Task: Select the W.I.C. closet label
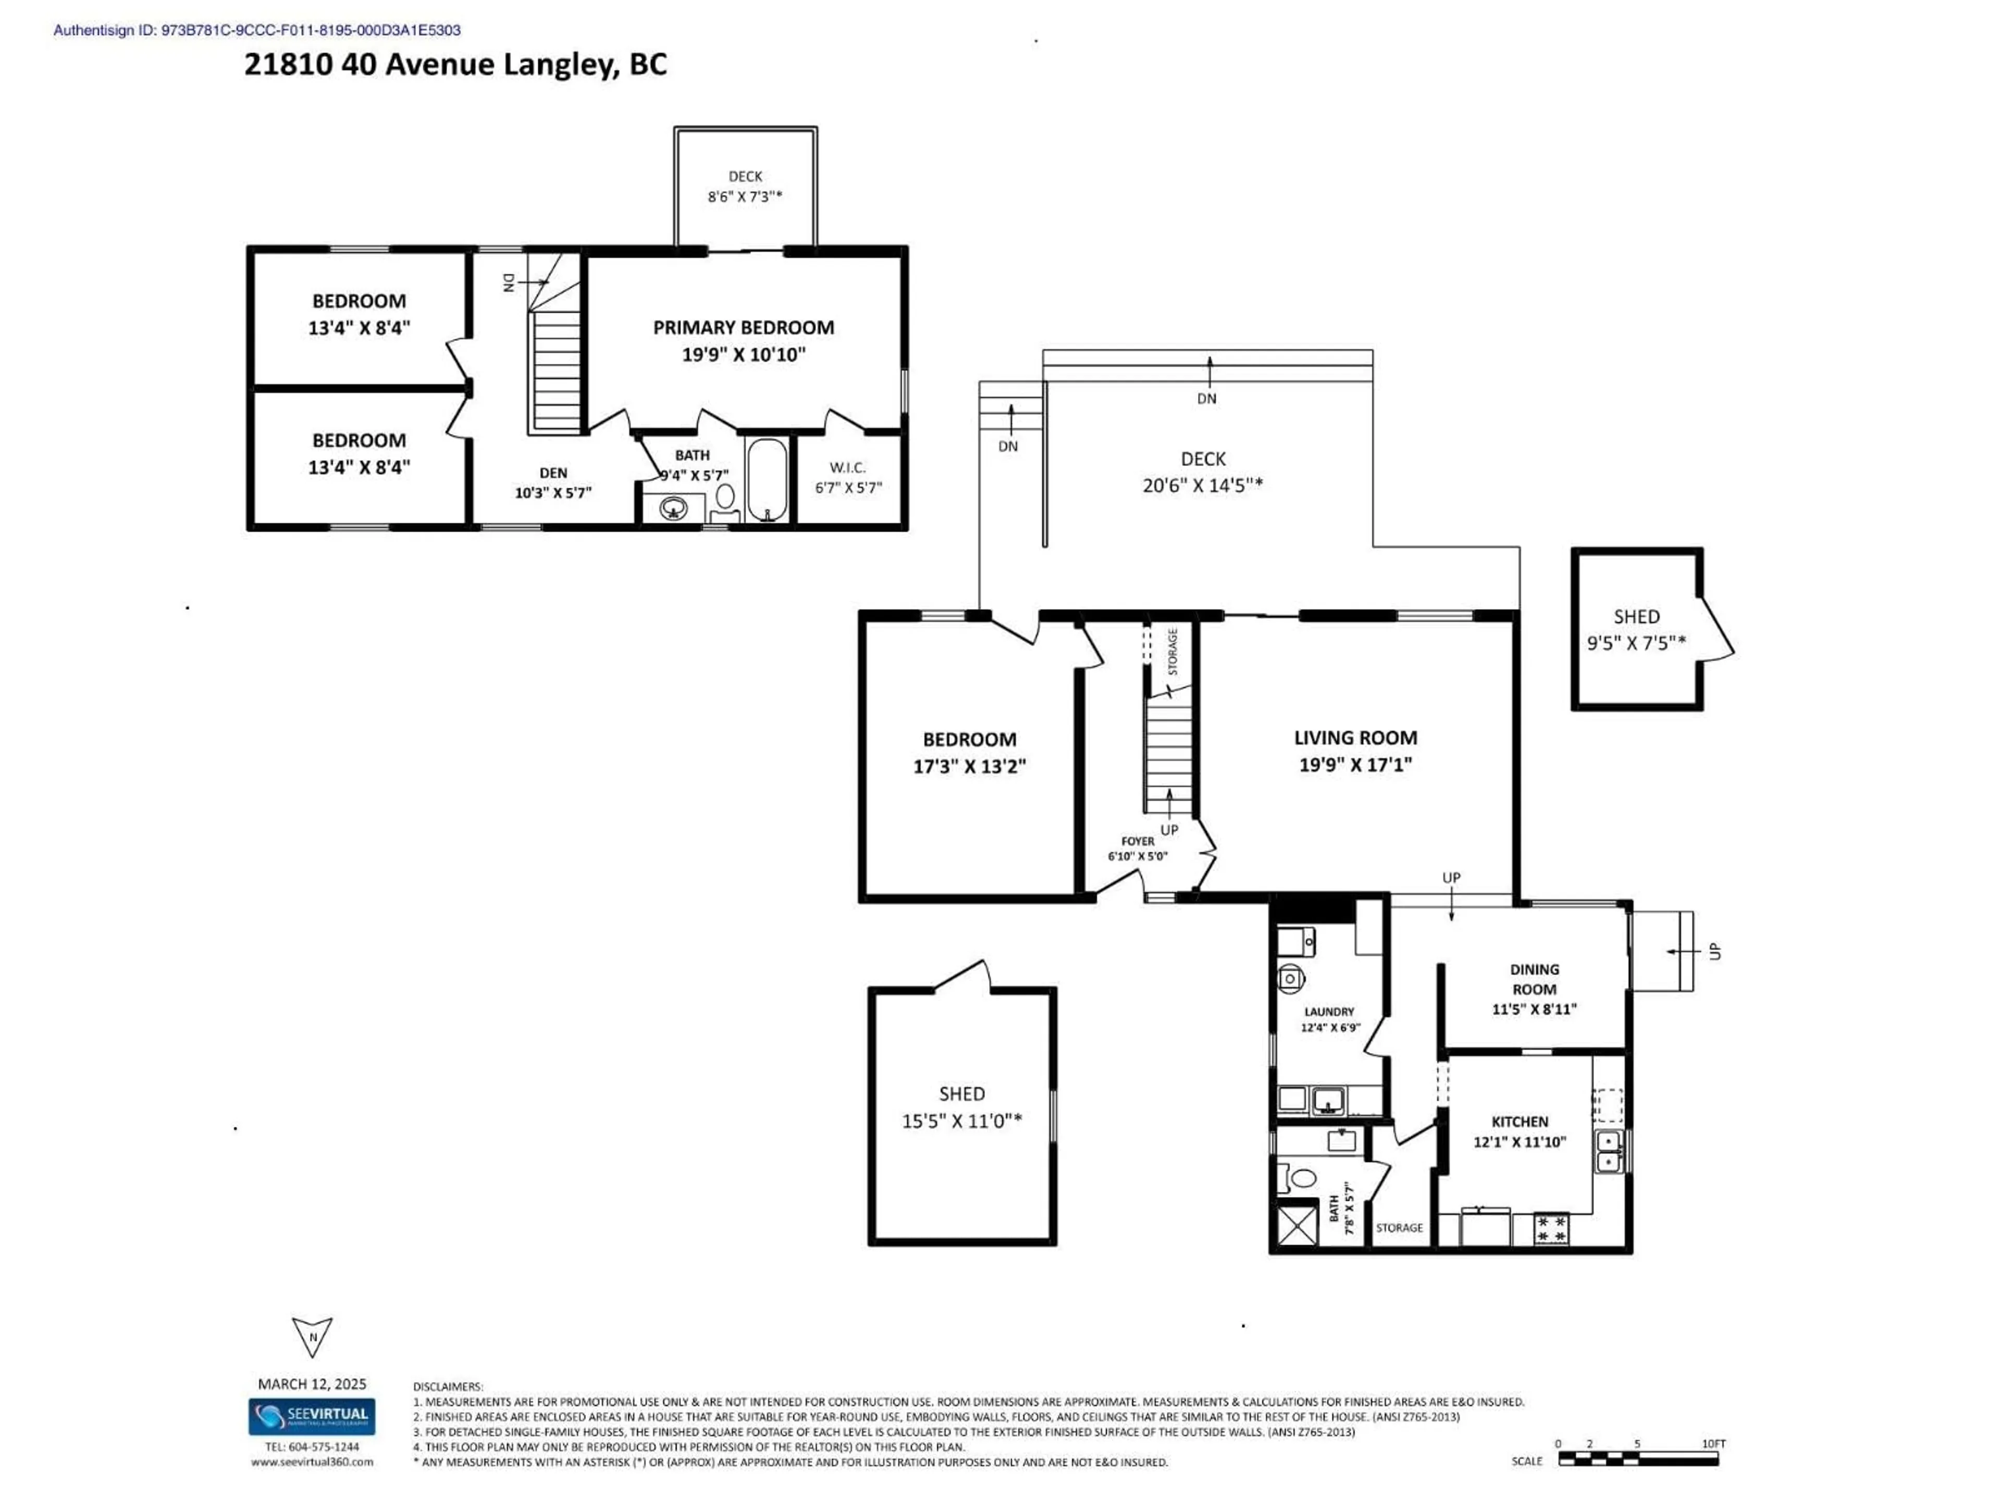click(x=848, y=468)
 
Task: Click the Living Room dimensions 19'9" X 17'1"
click(x=1355, y=765)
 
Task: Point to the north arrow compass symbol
click(x=312, y=1336)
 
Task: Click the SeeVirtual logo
click(x=312, y=1416)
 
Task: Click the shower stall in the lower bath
click(x=1296, y=1225)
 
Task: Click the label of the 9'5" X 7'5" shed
click(x=1636, y=617)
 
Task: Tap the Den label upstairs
click(x=553, y=473)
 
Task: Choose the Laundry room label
click(x=1329, y=1012)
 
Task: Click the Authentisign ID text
click(x=257, y=30)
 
